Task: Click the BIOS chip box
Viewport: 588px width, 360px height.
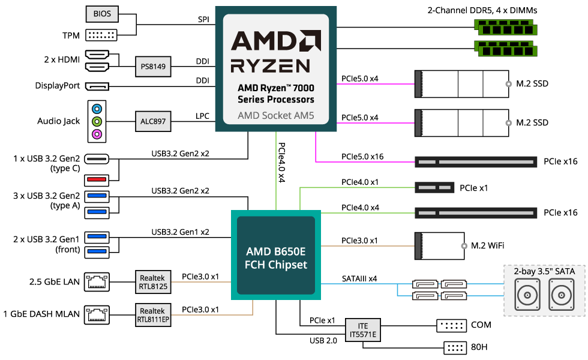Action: (x=102, y=13)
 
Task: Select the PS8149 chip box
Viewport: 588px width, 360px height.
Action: (x=153, y=67)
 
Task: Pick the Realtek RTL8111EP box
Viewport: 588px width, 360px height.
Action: (x=152, y=314)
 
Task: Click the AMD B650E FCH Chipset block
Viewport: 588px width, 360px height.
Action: (x=276, y=257)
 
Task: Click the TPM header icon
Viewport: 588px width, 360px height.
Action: (x=102, y=34)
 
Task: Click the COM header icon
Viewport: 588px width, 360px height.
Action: (x=452, y=326)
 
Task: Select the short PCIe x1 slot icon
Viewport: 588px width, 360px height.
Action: (x=434, y=188)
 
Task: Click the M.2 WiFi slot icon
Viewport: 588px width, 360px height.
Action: (x=440, y=245)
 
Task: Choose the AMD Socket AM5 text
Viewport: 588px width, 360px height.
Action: (x=275, y=115)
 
